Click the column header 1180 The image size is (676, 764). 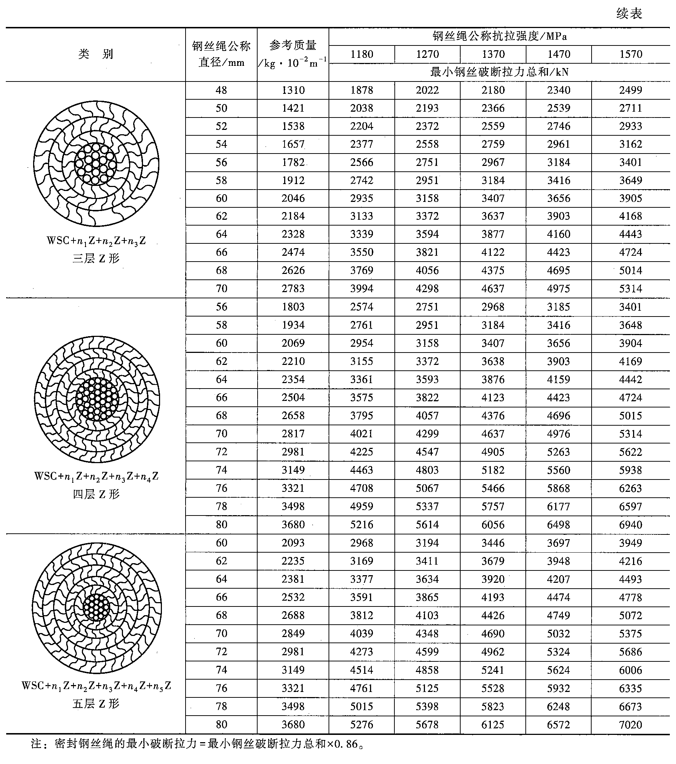(x=362, y=55)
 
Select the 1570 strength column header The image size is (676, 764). (x=631, y=55)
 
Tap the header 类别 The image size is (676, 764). (x=96, y=54)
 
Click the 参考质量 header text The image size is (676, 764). (x=293, y=45)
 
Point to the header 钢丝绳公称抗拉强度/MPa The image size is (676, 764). (x=500, y=36)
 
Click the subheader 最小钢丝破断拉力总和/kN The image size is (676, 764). (x=500, y=72)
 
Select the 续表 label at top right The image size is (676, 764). (x=629, y=14)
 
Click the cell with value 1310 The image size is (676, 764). (x=293, y=91)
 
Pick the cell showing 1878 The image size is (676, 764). (x=362, y=91)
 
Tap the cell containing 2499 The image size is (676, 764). (x=631, y=91)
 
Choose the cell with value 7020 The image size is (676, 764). (x=631, y=725)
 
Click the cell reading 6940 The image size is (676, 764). (x=631, y=525)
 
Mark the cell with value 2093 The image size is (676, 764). (x=293, y=543)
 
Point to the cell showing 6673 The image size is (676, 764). (x=631, y=707)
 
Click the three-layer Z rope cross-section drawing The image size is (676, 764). (x=96, y=163)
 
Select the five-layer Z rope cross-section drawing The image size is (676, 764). (x=96, y=608)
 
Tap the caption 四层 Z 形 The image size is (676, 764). (x=96, y=494)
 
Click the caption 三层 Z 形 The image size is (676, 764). (x=96, y=258)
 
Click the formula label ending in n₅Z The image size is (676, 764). (x=96, y=686)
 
